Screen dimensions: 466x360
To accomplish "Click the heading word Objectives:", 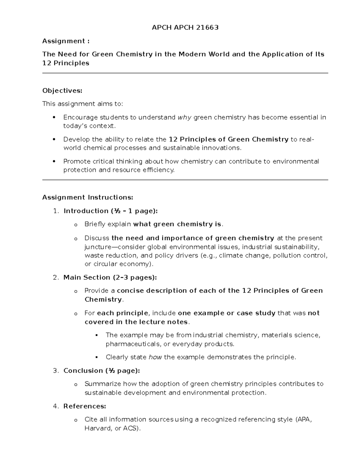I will click(x=62, y=91).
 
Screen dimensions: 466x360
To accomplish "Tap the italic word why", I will click(x=184, y=117).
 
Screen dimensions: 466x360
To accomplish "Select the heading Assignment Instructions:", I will click(x=87, y=197).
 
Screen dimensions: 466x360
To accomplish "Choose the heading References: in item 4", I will click(x=85, y=406).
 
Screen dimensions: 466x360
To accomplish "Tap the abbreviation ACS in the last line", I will click(x=130, y=428).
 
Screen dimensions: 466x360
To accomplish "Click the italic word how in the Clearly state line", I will click(x=155, y=357).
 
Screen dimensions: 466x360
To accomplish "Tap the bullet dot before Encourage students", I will click(x=54, y=117).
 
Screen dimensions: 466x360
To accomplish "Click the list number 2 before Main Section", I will click(x=55, y=278).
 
